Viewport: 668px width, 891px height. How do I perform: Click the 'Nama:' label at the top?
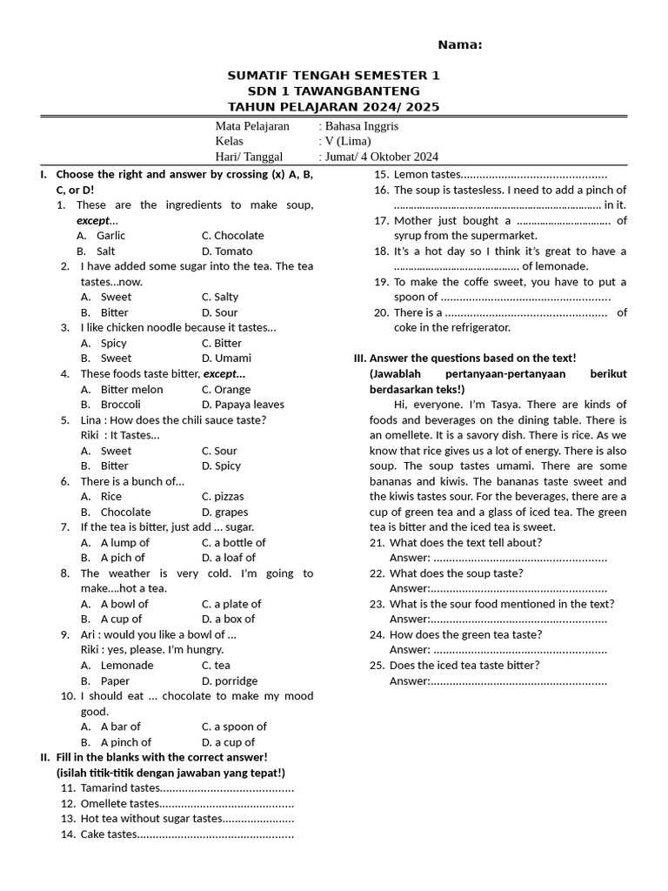[459, 45]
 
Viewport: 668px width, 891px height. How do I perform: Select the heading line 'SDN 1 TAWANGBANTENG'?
[333, 91]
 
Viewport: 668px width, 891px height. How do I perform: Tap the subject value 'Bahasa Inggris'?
[361, 126]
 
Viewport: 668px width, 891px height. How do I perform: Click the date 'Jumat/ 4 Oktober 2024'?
[381, 157]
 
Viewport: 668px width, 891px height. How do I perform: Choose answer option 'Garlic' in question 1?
[110, 236]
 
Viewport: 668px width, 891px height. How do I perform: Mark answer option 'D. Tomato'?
[226, 251]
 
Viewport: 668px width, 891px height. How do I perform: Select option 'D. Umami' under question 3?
[226, 358]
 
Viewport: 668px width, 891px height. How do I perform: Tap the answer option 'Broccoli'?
[120, 405]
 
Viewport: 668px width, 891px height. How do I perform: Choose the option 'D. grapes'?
[224, 512]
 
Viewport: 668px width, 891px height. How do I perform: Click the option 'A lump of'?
[124, 543]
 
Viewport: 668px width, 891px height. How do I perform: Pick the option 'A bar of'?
[120, 727]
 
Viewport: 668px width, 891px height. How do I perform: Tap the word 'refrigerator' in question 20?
[473, 328]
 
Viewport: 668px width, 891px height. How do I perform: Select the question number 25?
[377, 666]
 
